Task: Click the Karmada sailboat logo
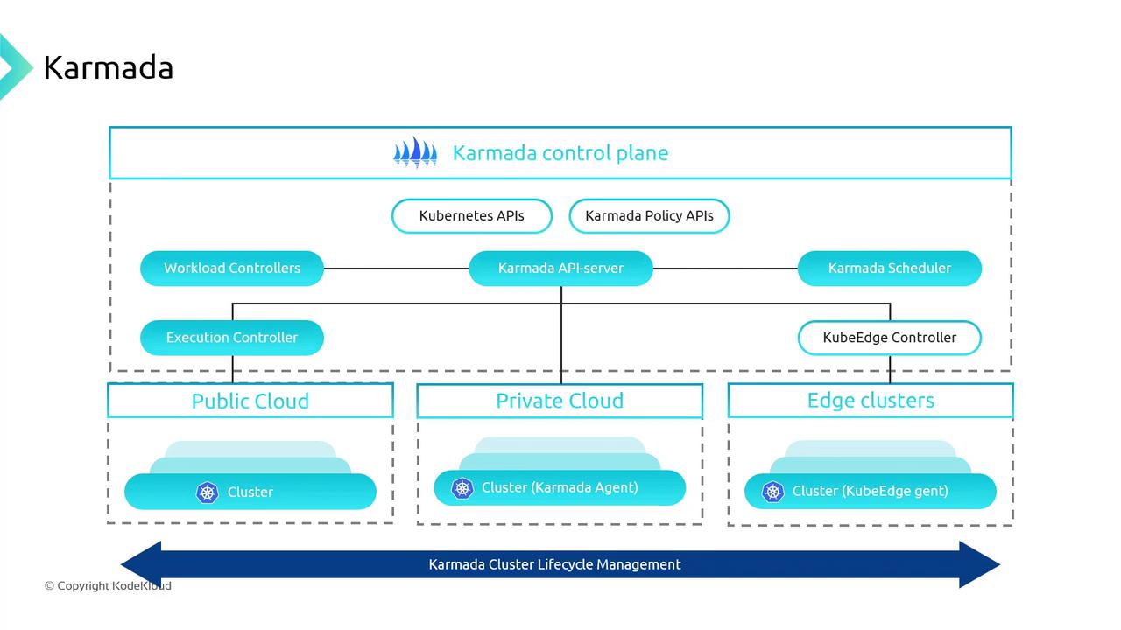tap(414, 152)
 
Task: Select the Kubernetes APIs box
tap(471, 216)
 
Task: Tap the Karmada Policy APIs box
tap(649, 216)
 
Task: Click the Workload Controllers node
tap(232, 269)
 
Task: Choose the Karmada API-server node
tap(560, 269)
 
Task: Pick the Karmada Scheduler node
tap(889, 269)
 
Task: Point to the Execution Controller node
tap(232, 338)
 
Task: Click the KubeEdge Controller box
tap(889, 338)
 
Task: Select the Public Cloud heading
tap(250, 402)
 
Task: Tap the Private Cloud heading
tap(560, 401)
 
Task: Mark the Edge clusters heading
tap(871, 401)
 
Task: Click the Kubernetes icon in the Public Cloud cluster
tap(207, 493)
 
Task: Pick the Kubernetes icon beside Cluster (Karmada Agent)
tap(462, 488)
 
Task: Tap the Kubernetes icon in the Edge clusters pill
tap(772, 492)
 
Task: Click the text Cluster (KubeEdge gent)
tap(870, 492)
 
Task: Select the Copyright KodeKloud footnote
tap(108, 586)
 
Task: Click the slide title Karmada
tap(108, 67)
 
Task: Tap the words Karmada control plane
tap(560, 153)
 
